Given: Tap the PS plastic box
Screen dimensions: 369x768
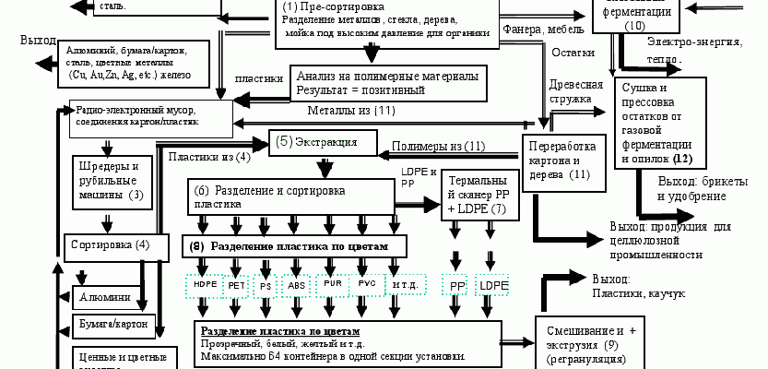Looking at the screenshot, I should [266, 285].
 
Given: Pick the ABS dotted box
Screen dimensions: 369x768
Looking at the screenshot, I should [297, 285].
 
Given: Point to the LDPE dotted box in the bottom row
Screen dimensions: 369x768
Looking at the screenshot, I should [491, 286].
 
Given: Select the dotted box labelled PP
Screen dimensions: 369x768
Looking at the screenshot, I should [457, 286].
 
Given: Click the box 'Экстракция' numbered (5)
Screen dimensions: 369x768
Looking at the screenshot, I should [324, 143].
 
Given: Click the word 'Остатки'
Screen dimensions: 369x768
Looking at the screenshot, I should [573, 54].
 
